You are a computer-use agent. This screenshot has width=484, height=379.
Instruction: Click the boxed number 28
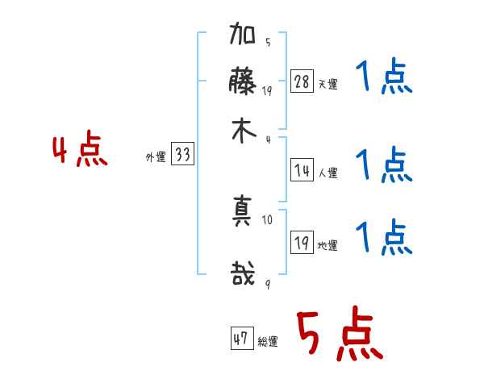tap(301, 81)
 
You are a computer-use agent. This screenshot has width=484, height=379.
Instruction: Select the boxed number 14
tap(301, 170)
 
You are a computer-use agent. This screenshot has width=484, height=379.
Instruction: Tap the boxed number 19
tap(301, 244)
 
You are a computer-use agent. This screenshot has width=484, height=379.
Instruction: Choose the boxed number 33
tap(182, 156)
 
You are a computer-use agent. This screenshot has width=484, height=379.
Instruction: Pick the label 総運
tap(267, 341)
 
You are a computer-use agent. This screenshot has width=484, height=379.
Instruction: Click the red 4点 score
tap(80, 152)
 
